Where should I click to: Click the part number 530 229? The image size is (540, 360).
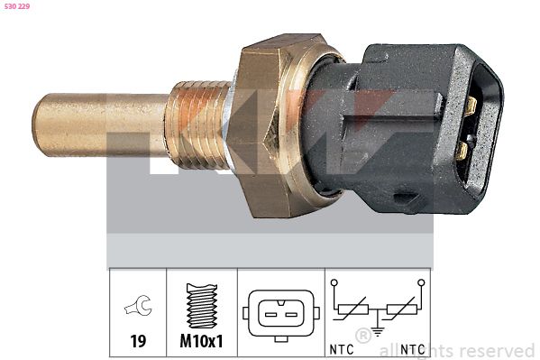(18, 7)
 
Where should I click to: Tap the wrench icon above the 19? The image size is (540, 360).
(139, 308)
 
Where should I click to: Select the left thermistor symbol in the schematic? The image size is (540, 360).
(352, 311)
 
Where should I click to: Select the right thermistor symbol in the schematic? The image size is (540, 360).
(402, 311)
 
